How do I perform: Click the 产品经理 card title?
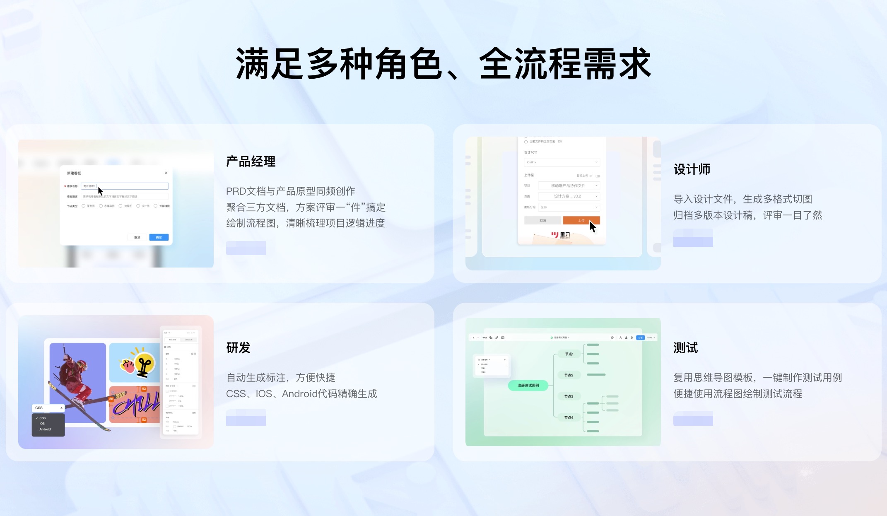coord(251,162)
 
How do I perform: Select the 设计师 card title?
coord(692,169)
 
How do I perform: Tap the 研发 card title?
coord(238,348)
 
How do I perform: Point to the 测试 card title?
coord(685,348)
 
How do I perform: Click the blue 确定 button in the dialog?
coord(159,237)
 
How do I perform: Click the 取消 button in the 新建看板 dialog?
coord(137,237)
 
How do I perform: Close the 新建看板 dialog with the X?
coord(166,173)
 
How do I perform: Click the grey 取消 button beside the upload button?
coord(542,220)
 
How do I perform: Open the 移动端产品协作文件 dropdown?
coord(569,186)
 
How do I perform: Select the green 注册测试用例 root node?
coord(528,386)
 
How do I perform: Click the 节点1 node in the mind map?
coord(569,354)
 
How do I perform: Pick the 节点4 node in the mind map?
coord(569,417)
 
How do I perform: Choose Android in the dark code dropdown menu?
coord(45,429)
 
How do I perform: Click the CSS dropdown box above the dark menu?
coord(48,408)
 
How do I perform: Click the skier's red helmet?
coord(82,365)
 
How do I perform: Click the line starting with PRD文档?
coord(290,191)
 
